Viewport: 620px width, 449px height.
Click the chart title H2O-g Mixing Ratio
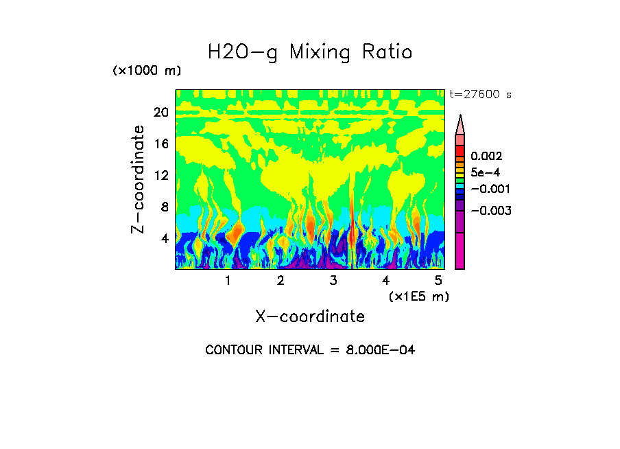(x=310, y=52)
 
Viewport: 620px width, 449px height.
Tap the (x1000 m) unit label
(x=147, y=71)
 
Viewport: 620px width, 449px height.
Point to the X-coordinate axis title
(x=310, y=316)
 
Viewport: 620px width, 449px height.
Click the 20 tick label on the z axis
(x=160, y=113)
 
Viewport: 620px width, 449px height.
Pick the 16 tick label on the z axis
(x=160, y=144)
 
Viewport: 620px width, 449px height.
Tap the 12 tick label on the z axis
(x=160, y=176)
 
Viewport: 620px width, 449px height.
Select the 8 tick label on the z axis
(x=164, y=207)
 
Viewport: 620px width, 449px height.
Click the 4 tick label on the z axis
(x=164, y=239)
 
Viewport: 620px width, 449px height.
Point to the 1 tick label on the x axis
(x=228, y=281)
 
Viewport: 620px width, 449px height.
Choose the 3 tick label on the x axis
(x=333, y=281)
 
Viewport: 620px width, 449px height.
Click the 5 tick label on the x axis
(x=438, y=281)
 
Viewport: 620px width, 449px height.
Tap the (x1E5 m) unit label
(x=418, y=297)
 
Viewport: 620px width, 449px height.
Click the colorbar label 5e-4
(x=485, y=173)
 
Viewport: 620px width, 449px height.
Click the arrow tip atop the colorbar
(x=460, y=118)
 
